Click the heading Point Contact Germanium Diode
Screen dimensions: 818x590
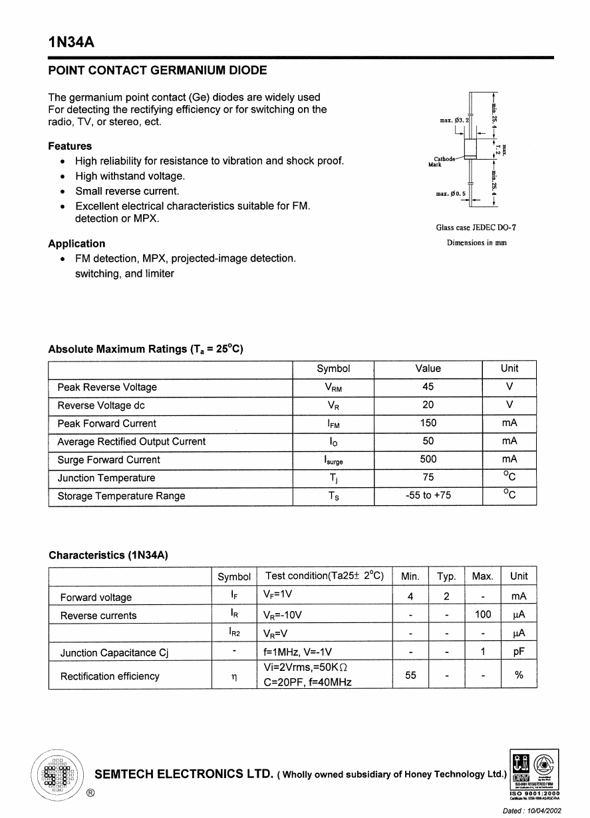[158, 71]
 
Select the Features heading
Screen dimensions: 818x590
[70, 146]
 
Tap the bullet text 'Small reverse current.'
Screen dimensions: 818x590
[127, 191]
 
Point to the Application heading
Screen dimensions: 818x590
[76, 244]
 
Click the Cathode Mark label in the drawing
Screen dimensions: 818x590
[443, 161]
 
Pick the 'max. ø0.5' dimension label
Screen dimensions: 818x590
[450, 194]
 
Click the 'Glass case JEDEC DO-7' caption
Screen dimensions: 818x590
[476, 228]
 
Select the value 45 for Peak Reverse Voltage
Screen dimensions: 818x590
[428, 387]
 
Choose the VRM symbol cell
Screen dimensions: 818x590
[333, 388]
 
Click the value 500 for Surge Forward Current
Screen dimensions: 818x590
[428, 459]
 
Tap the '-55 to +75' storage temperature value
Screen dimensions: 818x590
[428, 495]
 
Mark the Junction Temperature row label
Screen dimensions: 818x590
[106, 478]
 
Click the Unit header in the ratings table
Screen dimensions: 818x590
[509, 369]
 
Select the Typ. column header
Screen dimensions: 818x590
[446, 576]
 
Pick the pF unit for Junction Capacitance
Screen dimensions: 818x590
[519, 653]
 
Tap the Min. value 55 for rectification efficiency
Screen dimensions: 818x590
[410, 676]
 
